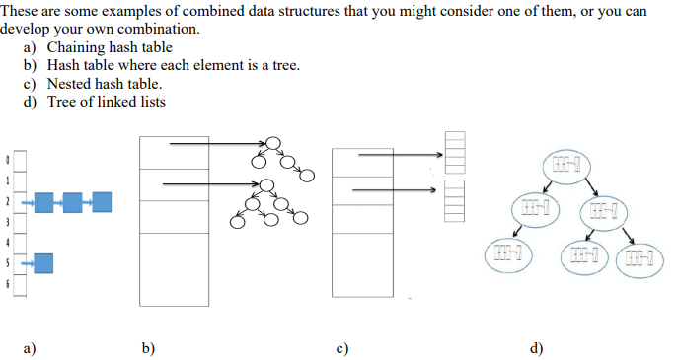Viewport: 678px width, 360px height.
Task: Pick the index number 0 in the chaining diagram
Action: point(8,159)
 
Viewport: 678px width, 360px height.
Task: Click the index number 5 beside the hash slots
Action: point(8,262)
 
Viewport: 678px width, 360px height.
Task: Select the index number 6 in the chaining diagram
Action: point(8,283)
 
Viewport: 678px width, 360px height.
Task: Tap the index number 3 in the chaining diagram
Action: point(8,221)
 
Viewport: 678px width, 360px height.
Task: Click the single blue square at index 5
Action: point(43,262)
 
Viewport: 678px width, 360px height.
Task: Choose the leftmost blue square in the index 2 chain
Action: point(44,202)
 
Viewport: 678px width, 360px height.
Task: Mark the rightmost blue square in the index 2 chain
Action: point(102,202)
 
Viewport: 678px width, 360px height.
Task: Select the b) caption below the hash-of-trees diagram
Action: point(148,347)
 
